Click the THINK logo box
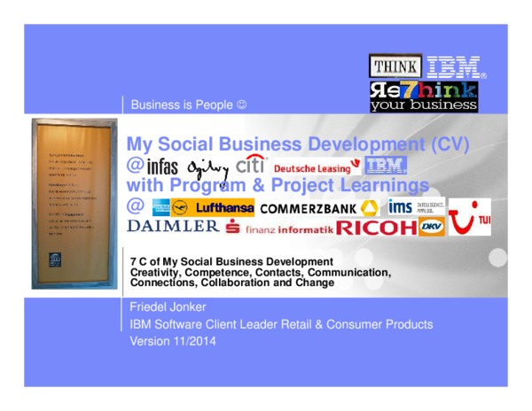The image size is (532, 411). click(395, 66)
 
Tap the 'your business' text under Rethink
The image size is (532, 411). click(423, 105)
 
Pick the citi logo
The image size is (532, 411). click(251, 164)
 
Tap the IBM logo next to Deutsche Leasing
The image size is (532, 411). click(386, 165)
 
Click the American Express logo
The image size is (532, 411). click(160, 207)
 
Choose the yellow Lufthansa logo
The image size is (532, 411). click(213, 207)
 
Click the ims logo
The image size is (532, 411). click(400, 206)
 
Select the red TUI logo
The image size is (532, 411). click(469, 217)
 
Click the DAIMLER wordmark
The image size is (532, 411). click(174, 227)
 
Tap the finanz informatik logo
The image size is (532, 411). click(278, 229)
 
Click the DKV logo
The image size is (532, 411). click(431, 227)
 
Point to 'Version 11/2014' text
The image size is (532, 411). click(173, 340)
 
